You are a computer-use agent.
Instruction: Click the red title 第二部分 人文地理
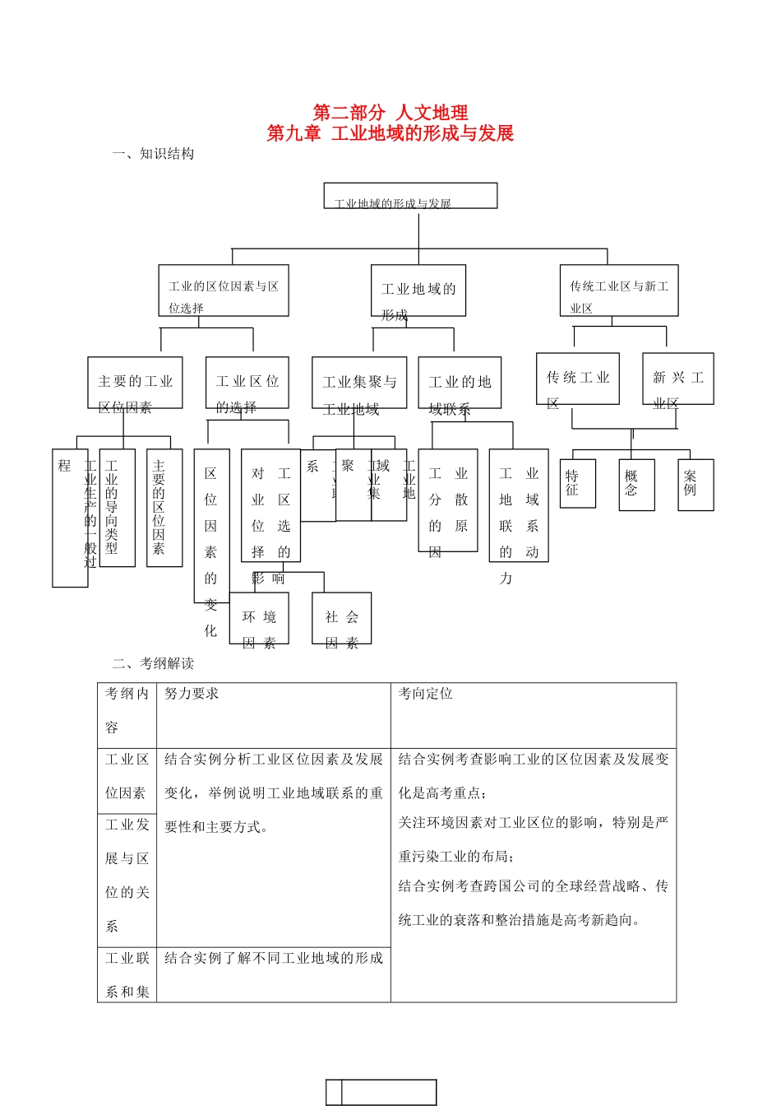(390, 113)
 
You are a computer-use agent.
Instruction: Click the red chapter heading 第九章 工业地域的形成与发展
(390, 133)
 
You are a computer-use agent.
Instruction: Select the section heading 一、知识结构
(154, 154)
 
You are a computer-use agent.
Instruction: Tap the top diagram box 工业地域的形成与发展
(410, 197)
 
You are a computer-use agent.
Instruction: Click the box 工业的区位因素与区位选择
(224, 291)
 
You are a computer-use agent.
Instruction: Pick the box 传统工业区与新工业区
(619, 291)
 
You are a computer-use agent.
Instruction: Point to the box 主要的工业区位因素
(136, 383)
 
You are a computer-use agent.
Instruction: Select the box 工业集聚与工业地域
(359, 383)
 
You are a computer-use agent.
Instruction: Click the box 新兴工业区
(678, 379)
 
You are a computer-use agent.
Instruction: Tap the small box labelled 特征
(577, 484)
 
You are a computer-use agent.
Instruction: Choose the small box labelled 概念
(636, 485)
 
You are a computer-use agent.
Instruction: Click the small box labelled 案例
(696, 485)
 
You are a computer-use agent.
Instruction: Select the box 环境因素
(259, 619)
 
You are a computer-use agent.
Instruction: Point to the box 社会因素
(342, 619)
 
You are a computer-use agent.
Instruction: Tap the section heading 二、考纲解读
(154, 663)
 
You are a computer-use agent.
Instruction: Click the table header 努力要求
(192, 694)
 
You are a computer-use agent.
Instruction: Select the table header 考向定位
(426, 694)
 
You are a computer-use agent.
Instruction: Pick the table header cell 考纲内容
(127, 710)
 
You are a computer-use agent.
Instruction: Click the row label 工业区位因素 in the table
(127, 776)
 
